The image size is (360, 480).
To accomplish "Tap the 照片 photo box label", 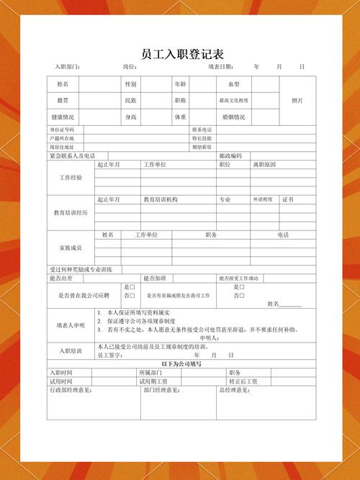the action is coord(297,101).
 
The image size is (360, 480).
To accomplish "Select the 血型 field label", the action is coord(233,84).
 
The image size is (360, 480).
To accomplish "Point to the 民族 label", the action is coord(131,101).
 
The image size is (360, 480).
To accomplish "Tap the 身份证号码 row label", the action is coord(62,130).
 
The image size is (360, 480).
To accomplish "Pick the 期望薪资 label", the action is coord(202,147).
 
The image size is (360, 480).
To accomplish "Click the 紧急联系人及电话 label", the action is coord(72,155).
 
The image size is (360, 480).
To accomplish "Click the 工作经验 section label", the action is coord(71,177).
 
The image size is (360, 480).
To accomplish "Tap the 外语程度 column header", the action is coord(263,199).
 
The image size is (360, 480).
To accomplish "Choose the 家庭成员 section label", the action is coord(71,248).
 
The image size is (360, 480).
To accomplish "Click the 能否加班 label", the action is coord(155,278).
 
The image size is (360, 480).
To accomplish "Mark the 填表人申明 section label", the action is coord(71,325).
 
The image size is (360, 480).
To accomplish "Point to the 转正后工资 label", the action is coord(243,381).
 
